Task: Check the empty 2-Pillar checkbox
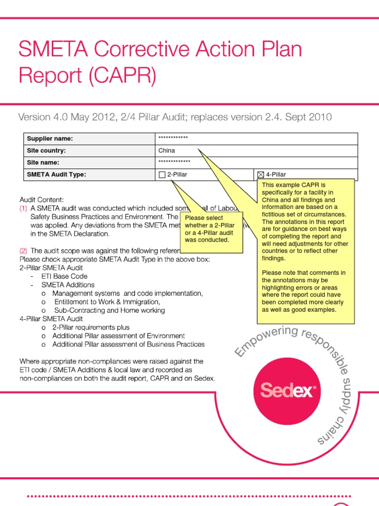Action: coord(162,174)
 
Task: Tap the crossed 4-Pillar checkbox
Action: coord(261,174)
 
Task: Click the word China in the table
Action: coord(167,151)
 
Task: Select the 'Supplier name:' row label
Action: coord(50,139)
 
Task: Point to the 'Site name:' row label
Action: coord(43,163)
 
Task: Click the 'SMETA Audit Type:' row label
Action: coord(57,174)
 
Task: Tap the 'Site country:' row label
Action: coord(46,151)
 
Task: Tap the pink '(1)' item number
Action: coord(24,209)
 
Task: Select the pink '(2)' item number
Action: coord(24,251)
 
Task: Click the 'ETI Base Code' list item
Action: coord(65,276)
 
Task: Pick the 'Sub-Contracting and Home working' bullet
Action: coord(110,310)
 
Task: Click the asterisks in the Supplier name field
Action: coord(173,138)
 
